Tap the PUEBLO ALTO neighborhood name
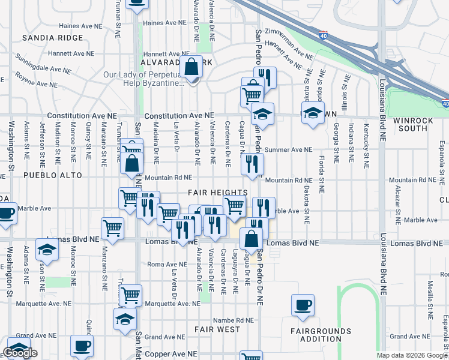coord(49,175)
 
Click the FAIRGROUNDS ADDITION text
coord(321,335)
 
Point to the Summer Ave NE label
coord(288,149)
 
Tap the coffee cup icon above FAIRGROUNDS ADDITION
coord(303,304)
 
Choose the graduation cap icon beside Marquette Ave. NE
coord(124,319)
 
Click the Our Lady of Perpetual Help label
coord(143,79)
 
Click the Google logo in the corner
coord(20,353)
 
